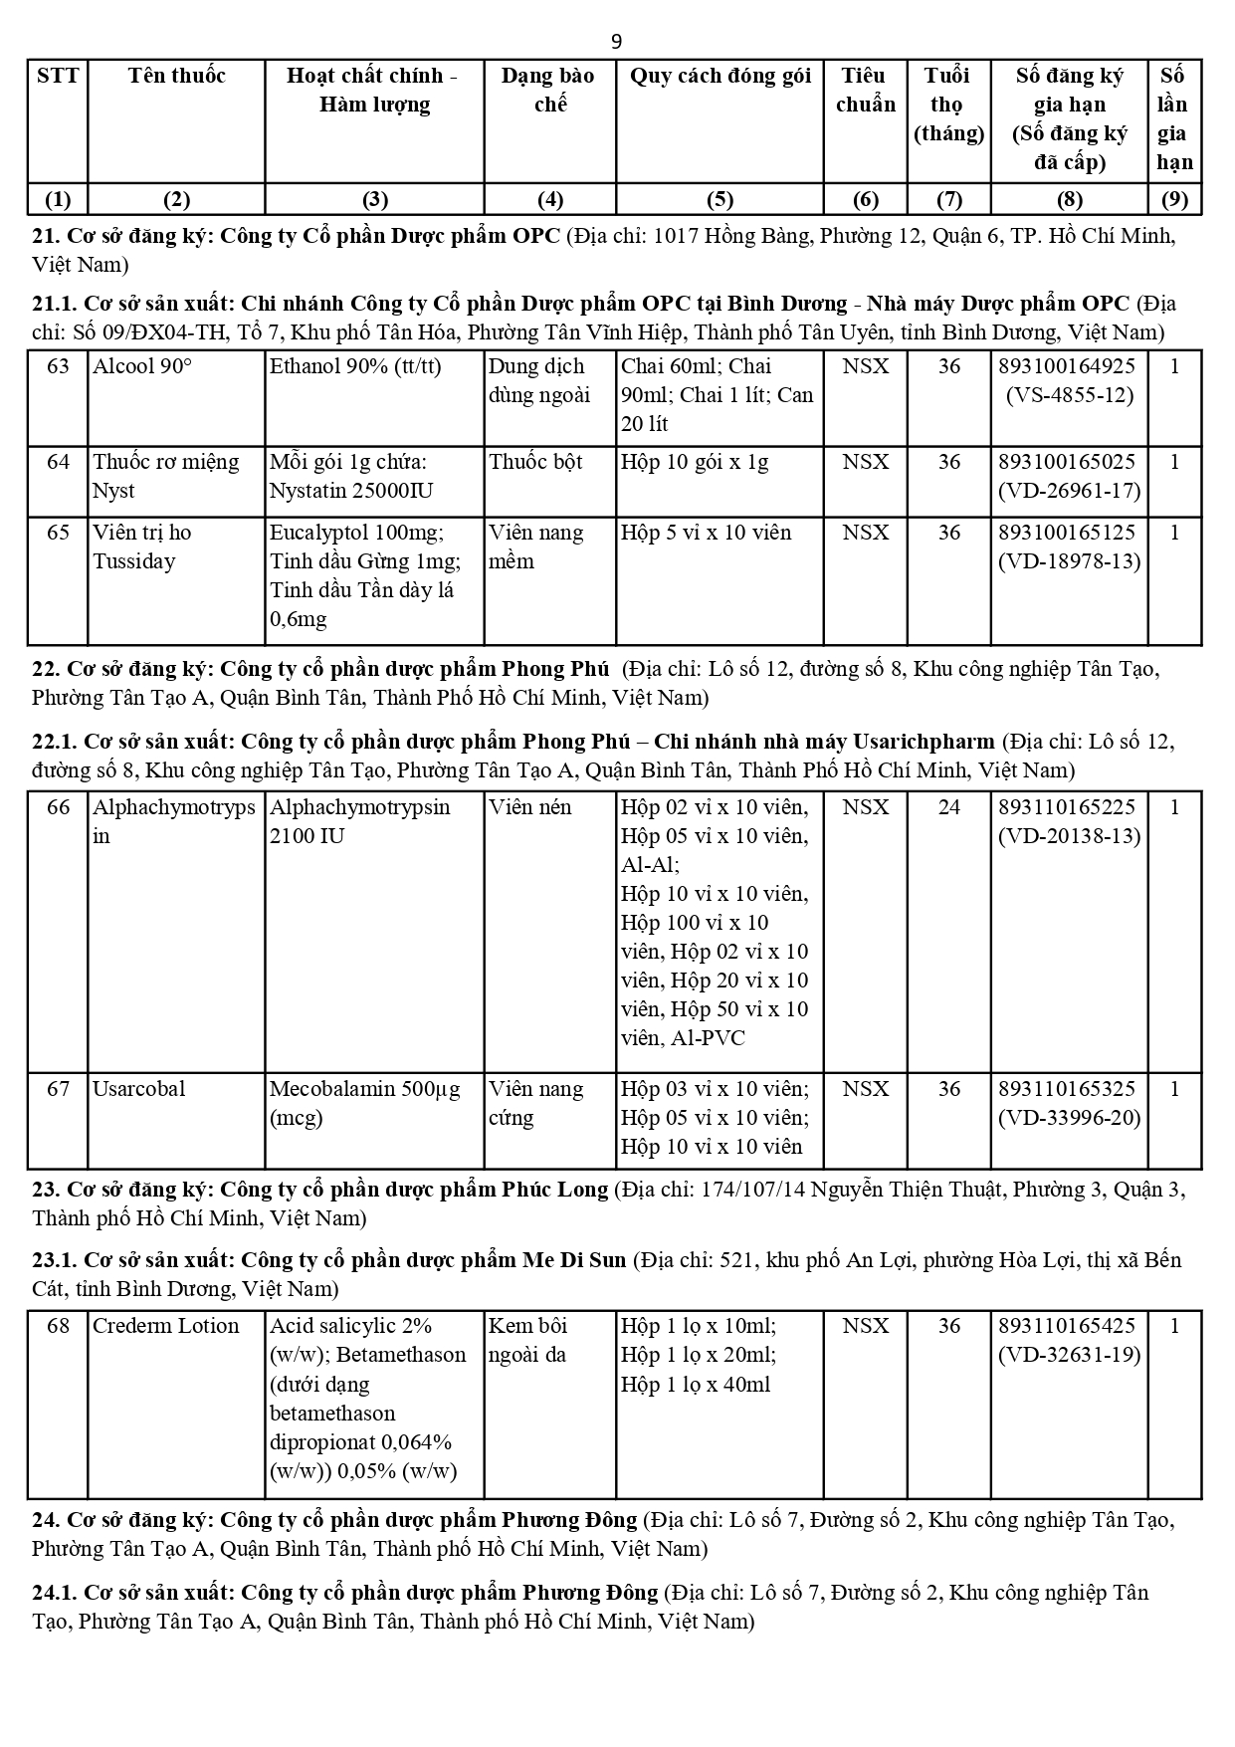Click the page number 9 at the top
tap(616, 41)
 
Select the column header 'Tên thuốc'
tap(176, 76)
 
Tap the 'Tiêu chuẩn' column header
tap(865, 90)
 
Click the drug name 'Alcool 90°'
tap(142, 366)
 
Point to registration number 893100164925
tap(1067, 366)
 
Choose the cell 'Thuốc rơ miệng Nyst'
tap(166, 476)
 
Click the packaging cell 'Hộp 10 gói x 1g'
tap(695, 462)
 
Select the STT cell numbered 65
tap(58, 533)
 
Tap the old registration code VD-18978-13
tap(1069, 561)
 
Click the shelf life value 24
tap(948, 807)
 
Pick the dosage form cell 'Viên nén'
tap(530, 807)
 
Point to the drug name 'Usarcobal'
tap(139, 1089)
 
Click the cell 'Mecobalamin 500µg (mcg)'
tap(365, 1103)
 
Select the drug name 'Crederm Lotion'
tap(166, 1326)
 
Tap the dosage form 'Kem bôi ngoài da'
tap(528, 1340)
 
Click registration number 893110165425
tap(1067, 1326)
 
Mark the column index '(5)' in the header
tap(720, 199)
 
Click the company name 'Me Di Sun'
tap(574, 1260)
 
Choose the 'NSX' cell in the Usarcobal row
tap(865, 1089)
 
